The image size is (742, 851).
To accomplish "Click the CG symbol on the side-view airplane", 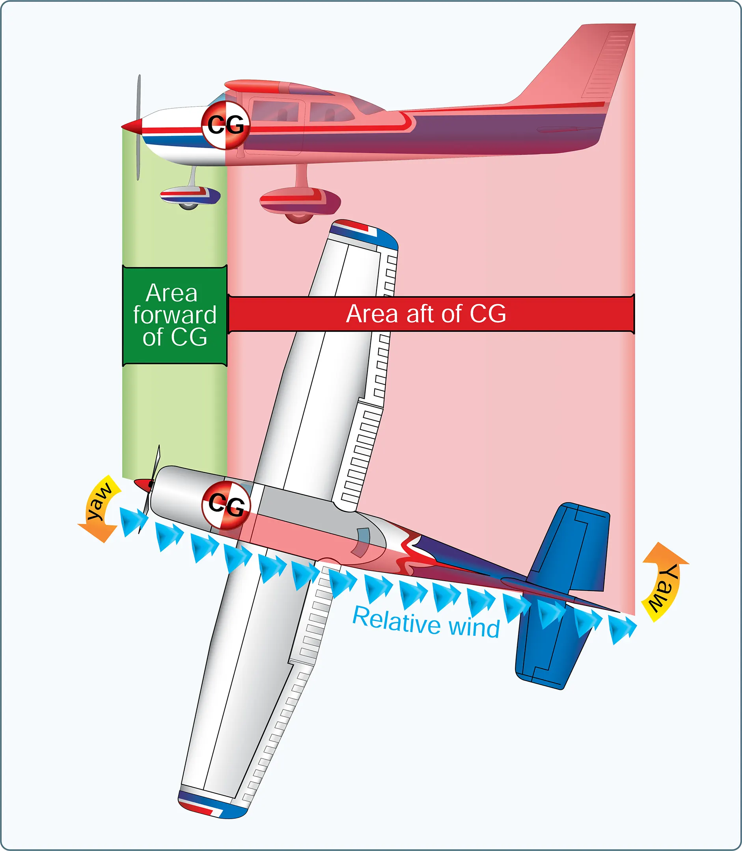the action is pyautogui.click(x=226, y=124).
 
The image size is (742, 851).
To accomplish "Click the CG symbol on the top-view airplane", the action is pyautogui.click(x=226, y=505).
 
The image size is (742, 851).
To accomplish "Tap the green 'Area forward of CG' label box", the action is pyautogui.click(x=175, y=315).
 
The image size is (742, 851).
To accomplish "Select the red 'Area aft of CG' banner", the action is pyautogui.click(x=431, y=314).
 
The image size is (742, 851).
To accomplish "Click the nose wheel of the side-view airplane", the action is pyautogui.click(x=188, y=204).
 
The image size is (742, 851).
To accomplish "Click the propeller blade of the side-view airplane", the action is pyautogui.click(x=139, y=127).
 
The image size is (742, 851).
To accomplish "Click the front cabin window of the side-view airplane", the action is pyautogui.click(x=275, y=111).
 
